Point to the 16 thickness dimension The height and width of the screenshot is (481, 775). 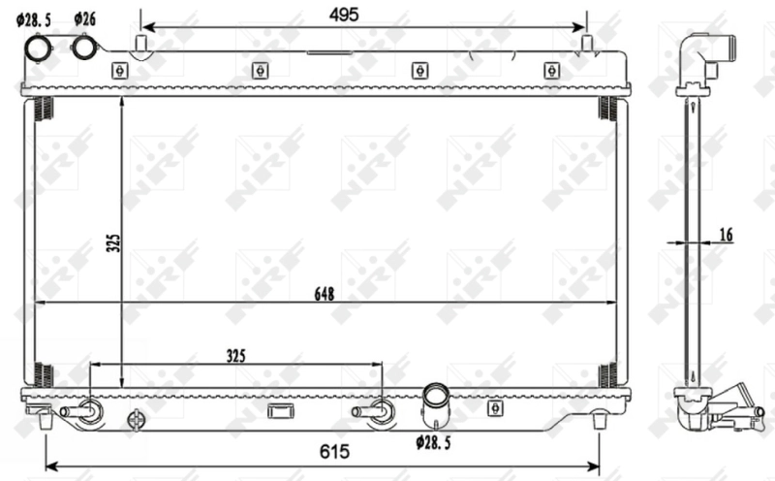(x=727, y=234)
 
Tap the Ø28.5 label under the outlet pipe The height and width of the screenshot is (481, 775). (x=434, y=442)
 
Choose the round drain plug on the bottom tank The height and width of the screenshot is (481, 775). (x=136, y=420)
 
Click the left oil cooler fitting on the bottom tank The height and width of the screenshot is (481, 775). (x=83, y=411)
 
